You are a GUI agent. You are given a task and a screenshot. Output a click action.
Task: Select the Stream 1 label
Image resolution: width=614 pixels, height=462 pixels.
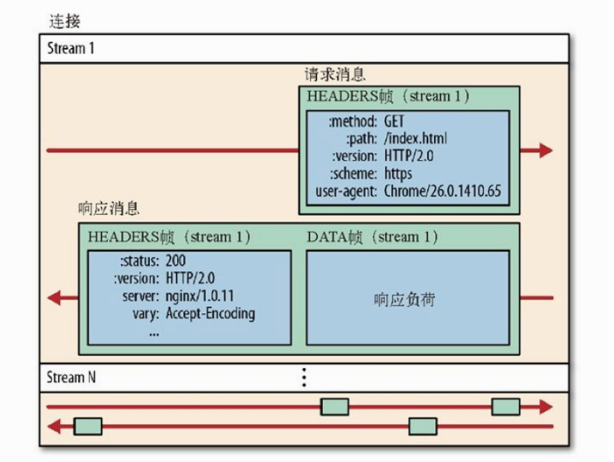71,48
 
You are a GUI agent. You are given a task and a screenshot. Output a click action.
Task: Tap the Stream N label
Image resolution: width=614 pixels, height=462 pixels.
71,376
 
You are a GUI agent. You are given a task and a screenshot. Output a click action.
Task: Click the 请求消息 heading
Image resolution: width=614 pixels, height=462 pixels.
335,75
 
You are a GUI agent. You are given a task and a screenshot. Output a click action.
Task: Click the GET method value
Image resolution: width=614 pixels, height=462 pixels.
395,122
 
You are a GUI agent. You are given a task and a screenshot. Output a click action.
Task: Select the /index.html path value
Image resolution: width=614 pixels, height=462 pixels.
415,139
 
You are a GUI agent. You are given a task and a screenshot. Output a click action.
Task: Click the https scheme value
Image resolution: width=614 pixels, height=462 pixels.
398,173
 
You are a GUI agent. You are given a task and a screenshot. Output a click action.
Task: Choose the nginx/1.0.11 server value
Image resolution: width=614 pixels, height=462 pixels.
200,296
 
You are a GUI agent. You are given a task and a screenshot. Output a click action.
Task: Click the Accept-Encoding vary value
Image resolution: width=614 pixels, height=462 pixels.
210,313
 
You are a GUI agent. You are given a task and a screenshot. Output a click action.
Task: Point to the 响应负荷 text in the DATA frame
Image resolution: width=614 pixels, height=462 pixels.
408,299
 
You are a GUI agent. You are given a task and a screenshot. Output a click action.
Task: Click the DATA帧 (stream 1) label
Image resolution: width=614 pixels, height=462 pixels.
372,237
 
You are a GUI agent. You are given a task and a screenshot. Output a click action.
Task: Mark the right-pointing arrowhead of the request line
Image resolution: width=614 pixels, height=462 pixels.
544,151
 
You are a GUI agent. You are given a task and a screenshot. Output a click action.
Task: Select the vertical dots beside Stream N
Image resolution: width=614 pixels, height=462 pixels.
303,377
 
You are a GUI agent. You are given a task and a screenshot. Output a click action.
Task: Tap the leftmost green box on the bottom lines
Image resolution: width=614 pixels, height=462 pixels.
88,425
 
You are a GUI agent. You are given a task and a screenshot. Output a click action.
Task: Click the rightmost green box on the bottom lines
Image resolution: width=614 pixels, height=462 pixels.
505,406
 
